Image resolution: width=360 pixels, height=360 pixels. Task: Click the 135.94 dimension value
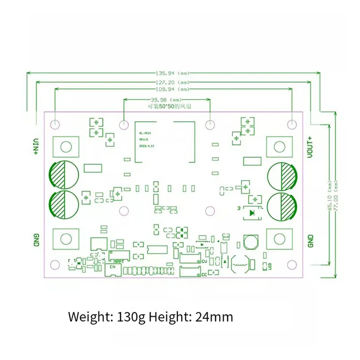point(164,73)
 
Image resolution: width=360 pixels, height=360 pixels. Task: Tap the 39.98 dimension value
point(158,99)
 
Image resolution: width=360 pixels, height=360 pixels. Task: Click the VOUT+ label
point(310,146)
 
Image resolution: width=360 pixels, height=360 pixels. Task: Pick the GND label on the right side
point(310,241)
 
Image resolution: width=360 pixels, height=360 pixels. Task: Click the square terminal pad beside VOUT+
point(279,146)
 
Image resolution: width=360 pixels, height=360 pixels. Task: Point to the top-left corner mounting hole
point(55,124)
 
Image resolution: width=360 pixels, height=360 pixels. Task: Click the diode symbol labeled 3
point(253,211)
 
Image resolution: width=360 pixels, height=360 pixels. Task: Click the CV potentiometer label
point(203,261)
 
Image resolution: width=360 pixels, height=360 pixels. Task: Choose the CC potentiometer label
point(203,274)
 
